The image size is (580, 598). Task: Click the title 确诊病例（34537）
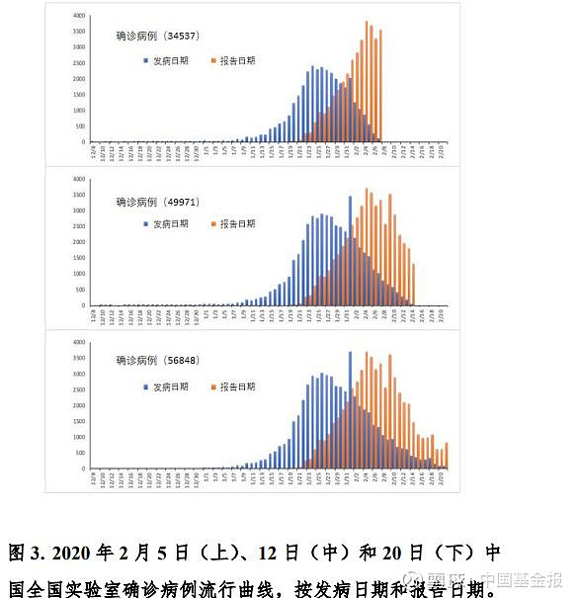156,37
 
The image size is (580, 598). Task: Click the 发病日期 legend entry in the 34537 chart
169,60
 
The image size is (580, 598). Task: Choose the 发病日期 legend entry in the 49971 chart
169,224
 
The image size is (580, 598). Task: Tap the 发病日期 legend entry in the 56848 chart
169,386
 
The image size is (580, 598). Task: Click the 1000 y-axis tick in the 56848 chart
78,437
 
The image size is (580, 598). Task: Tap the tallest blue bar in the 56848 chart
350,410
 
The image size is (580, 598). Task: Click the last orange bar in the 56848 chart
447,456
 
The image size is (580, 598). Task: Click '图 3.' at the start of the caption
26,552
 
